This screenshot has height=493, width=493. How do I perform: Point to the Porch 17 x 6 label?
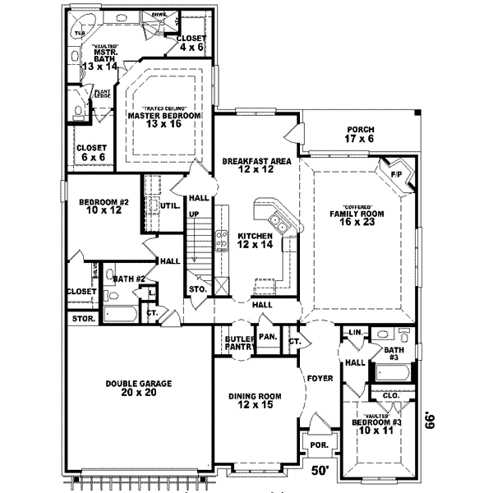click(x=360, y=134)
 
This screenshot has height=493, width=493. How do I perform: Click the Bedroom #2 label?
click(x=100, y=205)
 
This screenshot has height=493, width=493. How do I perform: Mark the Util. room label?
click(x=171, y=205)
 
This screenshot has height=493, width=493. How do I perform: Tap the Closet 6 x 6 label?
click(x=91, y=152)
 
